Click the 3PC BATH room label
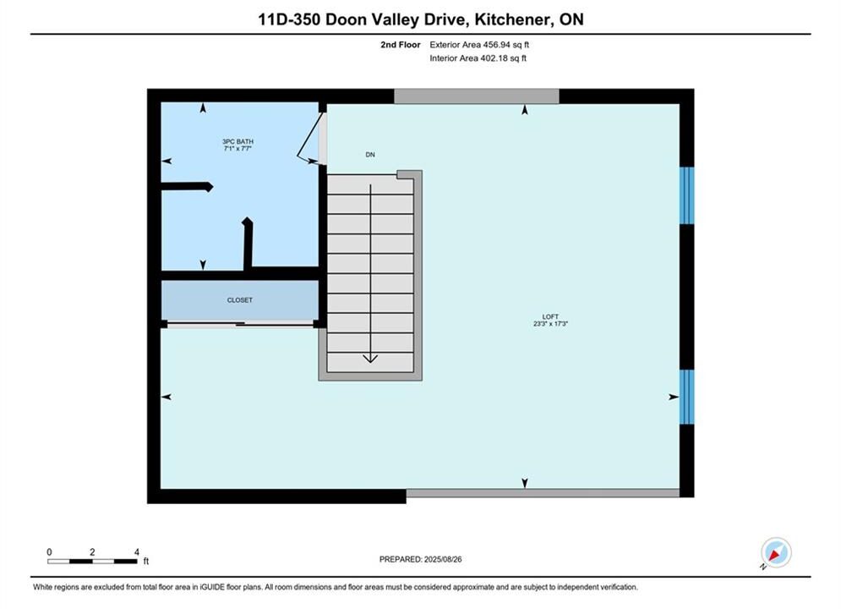pos(238,141)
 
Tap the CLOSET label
pos(240,300)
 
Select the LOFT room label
pos(550,316)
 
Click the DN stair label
pos(370,155)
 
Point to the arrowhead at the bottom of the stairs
pos(370,358)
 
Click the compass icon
pos(776,552)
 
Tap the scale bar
pos(92,562)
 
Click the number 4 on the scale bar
pos(137,551)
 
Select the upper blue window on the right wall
pos(686,195)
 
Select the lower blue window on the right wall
pos(686,397)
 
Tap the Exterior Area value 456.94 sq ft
pos(505,45)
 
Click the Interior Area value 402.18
pos(494,58)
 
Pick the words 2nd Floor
pos(400,45)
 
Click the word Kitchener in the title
pos(512,19)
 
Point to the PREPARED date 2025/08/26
pos(443,559)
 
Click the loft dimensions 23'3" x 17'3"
pos(550,324)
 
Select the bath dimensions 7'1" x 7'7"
pos(238,148)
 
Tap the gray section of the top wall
pos(476,96)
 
